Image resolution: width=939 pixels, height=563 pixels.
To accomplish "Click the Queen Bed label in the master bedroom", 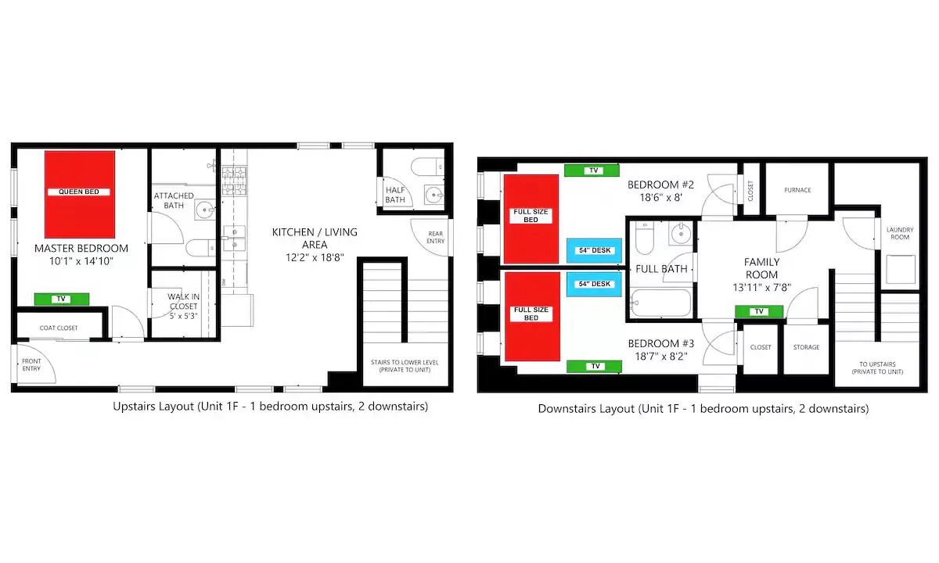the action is pyautogui.click(x=79, y=192).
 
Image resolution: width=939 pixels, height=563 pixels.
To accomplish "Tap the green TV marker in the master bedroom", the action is pyautogui.click(x=62, y=299).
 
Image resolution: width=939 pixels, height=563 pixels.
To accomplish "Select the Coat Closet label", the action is pyautogui.click(x=59, y=328).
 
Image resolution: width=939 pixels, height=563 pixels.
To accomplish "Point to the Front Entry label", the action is pyautogui.click(x=31, y=365).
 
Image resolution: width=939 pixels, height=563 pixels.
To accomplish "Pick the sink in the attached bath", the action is pyautogui.click(x=205, y=210).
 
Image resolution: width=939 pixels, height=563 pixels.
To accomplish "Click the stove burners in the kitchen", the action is pyautogui.click(x=234, y=181).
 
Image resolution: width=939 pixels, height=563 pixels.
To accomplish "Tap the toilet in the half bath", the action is pyautogui.click(x=426, y=167).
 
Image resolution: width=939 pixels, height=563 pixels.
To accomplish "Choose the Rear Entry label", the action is pyautogui.click(x=436, y=237).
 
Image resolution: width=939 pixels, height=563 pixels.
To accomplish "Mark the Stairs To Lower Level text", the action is pyautogui.click(x=405, y=366).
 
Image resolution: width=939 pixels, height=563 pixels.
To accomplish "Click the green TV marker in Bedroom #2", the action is pyautogui.click(x=592, y=170).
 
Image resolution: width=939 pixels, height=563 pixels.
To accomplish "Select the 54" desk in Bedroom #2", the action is pyautogui.click(x=595, y=250).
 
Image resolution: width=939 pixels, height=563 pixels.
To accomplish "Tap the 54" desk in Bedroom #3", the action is pyautogui.click(x=594, y=284).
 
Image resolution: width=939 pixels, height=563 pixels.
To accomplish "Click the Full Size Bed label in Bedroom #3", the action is pyautogui.click(x=531, y=314).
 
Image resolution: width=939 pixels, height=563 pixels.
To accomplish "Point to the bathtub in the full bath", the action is pyautogui.click(x=660, y=303).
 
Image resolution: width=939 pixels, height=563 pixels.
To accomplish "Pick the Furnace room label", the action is pyautogui.click(x=797, y=190).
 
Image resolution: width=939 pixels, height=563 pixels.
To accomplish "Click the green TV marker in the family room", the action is pyautogui.click(x=759, y=312).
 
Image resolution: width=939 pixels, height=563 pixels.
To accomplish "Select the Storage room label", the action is pyautogui.click(x=806, y=347).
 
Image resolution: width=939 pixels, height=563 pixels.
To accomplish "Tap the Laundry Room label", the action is pyautogui.click(x=900, y=233).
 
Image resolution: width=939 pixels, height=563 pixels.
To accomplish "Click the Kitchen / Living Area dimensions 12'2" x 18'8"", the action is pyautogui.click(x=315, y=257).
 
